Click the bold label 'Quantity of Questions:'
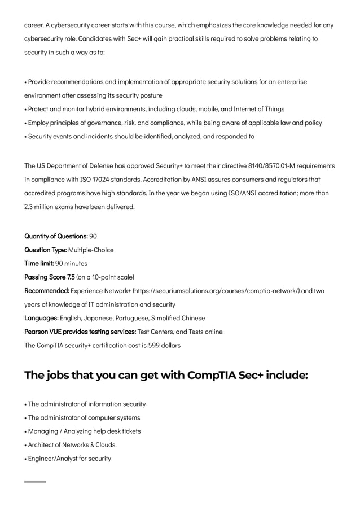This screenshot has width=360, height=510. (56, 236)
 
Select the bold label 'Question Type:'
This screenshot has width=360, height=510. (46, 250)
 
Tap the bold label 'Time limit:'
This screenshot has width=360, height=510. (39, 263)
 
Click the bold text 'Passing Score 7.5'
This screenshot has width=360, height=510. (49, 277)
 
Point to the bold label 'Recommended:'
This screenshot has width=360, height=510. (47, 290)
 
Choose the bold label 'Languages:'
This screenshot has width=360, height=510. (41, 318)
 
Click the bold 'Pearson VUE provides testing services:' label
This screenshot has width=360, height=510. (80, 332)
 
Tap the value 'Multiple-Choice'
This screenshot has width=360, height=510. (91, 250)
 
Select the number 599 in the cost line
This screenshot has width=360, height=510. (154, 345)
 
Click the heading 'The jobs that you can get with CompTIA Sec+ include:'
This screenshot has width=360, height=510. (166, 375)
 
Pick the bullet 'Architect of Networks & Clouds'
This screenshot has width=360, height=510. (71, 444)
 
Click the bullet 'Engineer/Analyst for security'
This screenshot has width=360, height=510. (69, 458)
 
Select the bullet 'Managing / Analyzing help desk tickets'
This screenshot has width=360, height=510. (84, 431)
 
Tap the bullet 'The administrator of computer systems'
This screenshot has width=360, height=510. (84, 417)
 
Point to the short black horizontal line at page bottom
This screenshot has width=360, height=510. (35, 482)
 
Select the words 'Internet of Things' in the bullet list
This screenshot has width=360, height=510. (258, 109)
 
